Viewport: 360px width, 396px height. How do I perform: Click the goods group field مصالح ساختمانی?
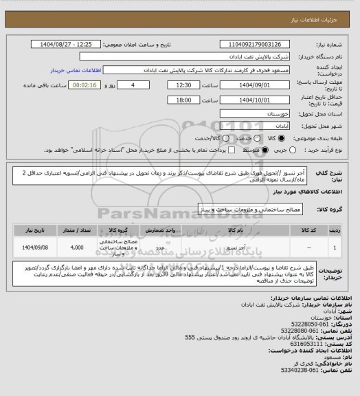[245, 207]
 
